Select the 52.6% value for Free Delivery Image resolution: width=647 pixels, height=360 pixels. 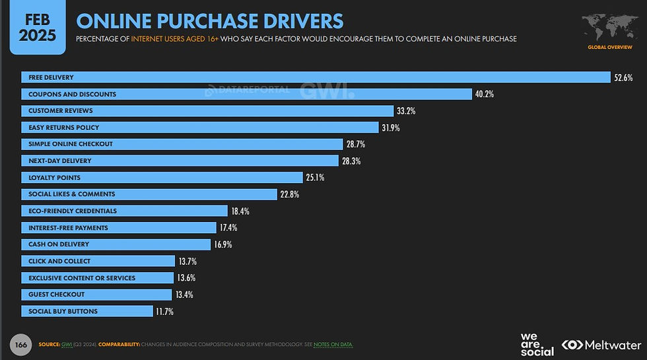(x=623, y=77)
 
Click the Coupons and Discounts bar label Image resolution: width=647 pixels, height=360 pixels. (x=73, y=94)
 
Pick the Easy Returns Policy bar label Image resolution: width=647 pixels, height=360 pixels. (x=64, y=127)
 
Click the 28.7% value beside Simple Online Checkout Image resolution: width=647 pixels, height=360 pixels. (x=355, y=144)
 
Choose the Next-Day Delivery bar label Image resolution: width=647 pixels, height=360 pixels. (x=60, y=161)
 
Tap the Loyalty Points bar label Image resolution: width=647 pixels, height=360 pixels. (x=54, y=178)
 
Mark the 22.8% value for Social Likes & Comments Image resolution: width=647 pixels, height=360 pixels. (x=290, y=194)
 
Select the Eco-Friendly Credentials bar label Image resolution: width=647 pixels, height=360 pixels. (x=73, y=211)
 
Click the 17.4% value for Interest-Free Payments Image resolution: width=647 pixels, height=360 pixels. (x=228, y=227)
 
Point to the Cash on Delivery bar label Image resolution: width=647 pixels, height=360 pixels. (x=59, y=244)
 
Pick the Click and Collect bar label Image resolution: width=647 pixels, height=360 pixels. (x=59, y=261)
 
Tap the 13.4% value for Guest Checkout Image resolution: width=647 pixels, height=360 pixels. (x=184, y=295)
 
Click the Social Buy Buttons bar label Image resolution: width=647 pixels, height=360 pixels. (x=63, y=311)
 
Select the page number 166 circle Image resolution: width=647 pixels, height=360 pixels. (x=20, y=343)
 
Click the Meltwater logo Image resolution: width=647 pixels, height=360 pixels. (x=601, y=345)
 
